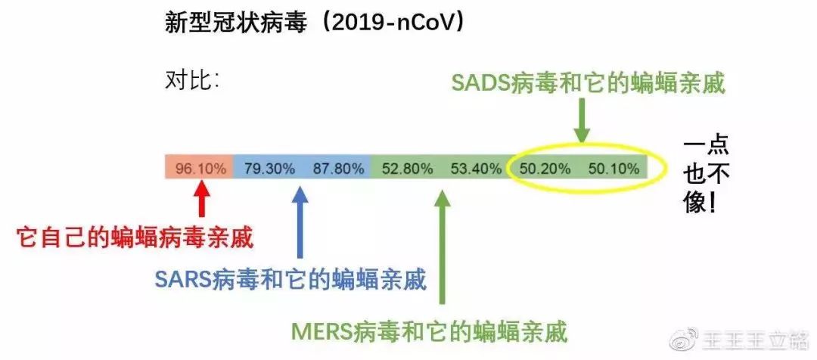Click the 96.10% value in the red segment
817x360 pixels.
click(x=200, y=168)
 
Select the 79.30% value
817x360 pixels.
click(x=269, y=168)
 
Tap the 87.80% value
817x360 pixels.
click(x=338, y=168)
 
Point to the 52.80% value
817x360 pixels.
click(x=406, y=168)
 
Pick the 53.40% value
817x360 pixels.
click(x=475, y=168)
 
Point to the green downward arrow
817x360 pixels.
click(x=581, y=121)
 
